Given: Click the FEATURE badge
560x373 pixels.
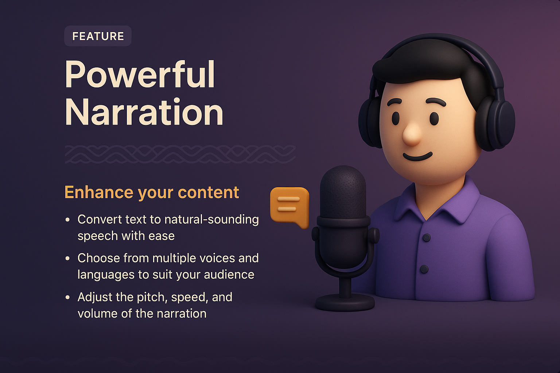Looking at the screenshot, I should [98, 36].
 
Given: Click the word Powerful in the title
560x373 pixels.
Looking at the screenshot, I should [140, 75].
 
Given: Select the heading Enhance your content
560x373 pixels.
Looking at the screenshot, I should [152, 192].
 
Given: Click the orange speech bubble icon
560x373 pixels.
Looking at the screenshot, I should [289, 205].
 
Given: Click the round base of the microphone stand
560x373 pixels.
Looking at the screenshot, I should [345, 302].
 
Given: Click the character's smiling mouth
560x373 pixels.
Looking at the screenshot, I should [417, 157].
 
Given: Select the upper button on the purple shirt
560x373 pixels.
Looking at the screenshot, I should [427, 237].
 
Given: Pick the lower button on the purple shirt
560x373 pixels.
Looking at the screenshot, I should [424, 269].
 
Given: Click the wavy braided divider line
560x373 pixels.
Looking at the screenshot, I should [180, 154].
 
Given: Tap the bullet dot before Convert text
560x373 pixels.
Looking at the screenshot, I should [67, 220].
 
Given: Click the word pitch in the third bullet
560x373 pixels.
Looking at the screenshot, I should [152, 298].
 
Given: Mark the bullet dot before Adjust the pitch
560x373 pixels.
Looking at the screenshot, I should [67, 297].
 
